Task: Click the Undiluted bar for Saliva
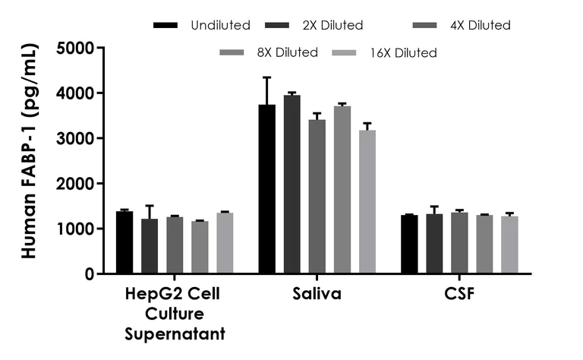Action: click(x=266, y=189)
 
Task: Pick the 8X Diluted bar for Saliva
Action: click(x=342, y=190)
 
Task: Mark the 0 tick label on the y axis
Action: click(x=89, y=274)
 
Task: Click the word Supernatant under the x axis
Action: click(x=175, y=333)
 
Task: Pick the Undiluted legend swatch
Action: click(x=165, y=25)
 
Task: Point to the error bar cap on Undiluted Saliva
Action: click(x=266, y=77)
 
